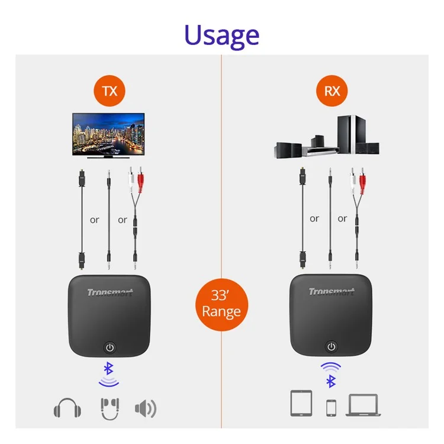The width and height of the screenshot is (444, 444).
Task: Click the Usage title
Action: [x=222, y=36]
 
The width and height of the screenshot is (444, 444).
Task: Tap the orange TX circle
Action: [x=110, y=91]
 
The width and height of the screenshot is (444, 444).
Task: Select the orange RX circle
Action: [x=332, y=91]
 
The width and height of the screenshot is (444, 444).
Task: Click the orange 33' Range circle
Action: [x=222, y=305]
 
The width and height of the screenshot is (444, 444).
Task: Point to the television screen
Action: [x=108, y=134]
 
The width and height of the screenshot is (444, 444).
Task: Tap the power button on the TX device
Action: [x=110, y=348]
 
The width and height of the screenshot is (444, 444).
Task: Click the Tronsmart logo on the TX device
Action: [x=110, y=292]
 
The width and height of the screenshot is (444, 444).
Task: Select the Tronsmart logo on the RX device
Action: [x=332, y=292]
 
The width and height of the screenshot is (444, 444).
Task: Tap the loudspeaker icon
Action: [x=146, y=408]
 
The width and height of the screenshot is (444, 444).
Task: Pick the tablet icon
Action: [x=301, y=403]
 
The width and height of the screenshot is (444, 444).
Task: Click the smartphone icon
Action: [x=332, y=408]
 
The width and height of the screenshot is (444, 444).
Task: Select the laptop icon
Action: [x=363, y=405]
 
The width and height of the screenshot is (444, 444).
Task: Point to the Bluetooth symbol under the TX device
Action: [x=108, y=368]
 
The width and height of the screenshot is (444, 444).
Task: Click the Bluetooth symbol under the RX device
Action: [x=331, y=381]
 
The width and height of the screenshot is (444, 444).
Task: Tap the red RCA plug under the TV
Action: [x=140, y=179]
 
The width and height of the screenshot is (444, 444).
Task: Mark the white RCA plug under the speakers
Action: [x=353, y=179]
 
